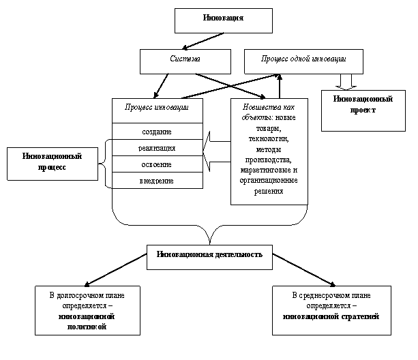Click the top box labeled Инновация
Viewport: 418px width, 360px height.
click(223, 20)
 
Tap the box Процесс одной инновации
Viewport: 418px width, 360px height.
click(303, 61)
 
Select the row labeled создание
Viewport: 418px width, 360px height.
click(157, 131)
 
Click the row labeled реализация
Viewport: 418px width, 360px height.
click(157, 147)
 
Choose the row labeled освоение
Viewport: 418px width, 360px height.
click(157, 164)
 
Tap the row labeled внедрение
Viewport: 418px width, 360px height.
click(157, 181)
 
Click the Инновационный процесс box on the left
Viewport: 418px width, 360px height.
click(53, 162)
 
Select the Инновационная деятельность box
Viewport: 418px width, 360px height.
click(209, 255)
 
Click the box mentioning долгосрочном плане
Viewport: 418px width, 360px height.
click(87, 310)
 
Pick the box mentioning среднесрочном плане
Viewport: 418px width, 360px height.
click(331, 310)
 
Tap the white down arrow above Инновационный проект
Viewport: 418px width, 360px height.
click(345, 81)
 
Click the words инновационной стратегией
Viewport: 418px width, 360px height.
click(331, 317)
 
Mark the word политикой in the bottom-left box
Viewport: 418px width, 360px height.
click(87, 327)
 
